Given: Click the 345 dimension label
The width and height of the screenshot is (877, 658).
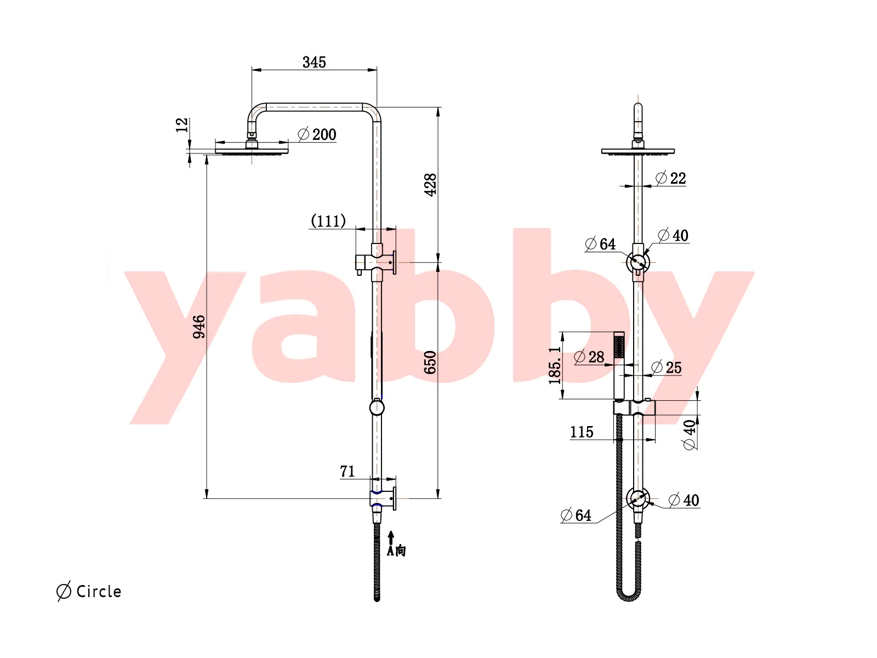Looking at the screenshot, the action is pyautogui.click(x=314, y=63).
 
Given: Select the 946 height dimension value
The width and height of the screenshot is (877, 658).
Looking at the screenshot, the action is pyautogui.click(x=198, y=327).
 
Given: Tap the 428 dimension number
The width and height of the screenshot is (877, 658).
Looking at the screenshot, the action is pyautogui.click(x=430, y=185).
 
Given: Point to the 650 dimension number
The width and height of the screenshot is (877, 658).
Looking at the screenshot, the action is pyautogui.click(x=430, y=362).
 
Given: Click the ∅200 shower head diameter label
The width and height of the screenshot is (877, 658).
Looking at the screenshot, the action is pyautogui.click(x=317, y=135).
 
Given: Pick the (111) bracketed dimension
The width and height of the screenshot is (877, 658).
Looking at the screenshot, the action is pyautogui.click(x=328, y=221).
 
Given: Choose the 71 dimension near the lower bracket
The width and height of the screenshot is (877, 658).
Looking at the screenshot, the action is pyautogui.click(x=347, y=472).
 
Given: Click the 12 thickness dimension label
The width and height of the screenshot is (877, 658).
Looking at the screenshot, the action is pyautogui.click(x=182, y=125).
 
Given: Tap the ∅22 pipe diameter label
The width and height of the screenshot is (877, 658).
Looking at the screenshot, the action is pyautogui.click(x=671, y=178).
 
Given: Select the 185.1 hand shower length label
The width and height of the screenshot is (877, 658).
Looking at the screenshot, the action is pyautogui.click(x=555, y=366).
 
